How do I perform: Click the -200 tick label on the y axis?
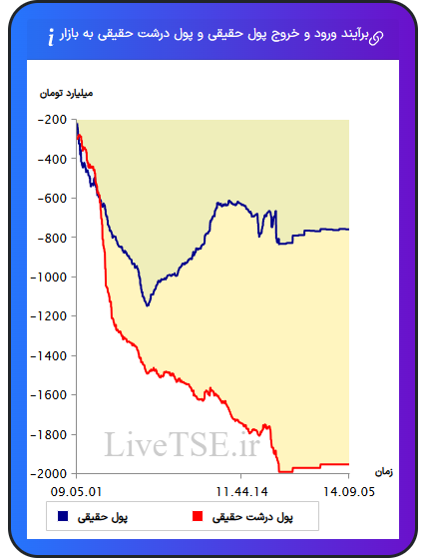(52, 120)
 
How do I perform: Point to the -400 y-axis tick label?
(52, 159)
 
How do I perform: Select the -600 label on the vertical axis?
(52, 199)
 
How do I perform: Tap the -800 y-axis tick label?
(52, 239)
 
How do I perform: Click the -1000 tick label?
(49, 278)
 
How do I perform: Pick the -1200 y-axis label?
(49, 316)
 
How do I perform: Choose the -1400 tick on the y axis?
(49, 356)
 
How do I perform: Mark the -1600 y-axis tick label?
(49, 395)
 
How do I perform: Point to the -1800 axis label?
(49, 435)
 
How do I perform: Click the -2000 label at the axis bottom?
(49, 474)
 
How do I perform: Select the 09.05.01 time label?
(76, 492)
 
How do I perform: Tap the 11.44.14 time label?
(241, 492)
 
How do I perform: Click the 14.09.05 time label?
(349, 492)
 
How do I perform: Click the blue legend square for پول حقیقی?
(63, 516)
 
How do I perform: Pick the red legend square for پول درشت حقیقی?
(198, 516)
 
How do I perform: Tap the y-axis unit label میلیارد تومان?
(66, 93)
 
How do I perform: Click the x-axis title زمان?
(384, 472)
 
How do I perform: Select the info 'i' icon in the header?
(51, 37)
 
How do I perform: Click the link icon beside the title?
(376, 37)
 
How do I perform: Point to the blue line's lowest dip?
(148, 305)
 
